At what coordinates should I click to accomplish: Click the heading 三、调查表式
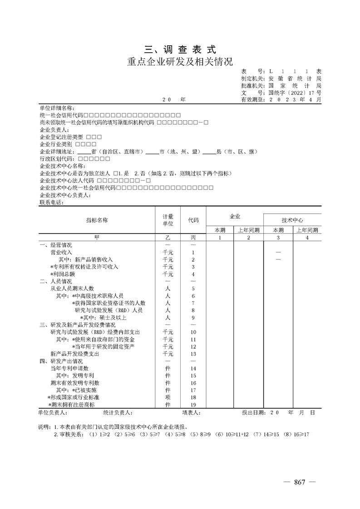click(180, 49)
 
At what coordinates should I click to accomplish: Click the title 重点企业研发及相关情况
click(180, 61)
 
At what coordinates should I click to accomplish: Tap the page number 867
click(299, 482)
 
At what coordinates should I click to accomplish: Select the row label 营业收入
click(61, 252)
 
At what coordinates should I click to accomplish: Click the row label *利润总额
click(63, 274)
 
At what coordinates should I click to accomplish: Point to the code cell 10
click(193, 332)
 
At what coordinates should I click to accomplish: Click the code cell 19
click(193, 404)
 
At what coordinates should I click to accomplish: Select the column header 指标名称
click(97, 220)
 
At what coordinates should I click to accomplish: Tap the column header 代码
click(193, 220)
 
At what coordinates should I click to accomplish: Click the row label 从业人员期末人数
click(72, 289)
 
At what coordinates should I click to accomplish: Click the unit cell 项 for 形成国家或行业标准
click(168, 397)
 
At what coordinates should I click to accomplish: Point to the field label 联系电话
click(51, 202)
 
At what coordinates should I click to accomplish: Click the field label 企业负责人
click(54, 130)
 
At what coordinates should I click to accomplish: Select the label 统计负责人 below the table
click(118, 413)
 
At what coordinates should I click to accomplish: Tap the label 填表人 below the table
click(191, 413)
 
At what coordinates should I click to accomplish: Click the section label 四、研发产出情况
click(61, 361)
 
